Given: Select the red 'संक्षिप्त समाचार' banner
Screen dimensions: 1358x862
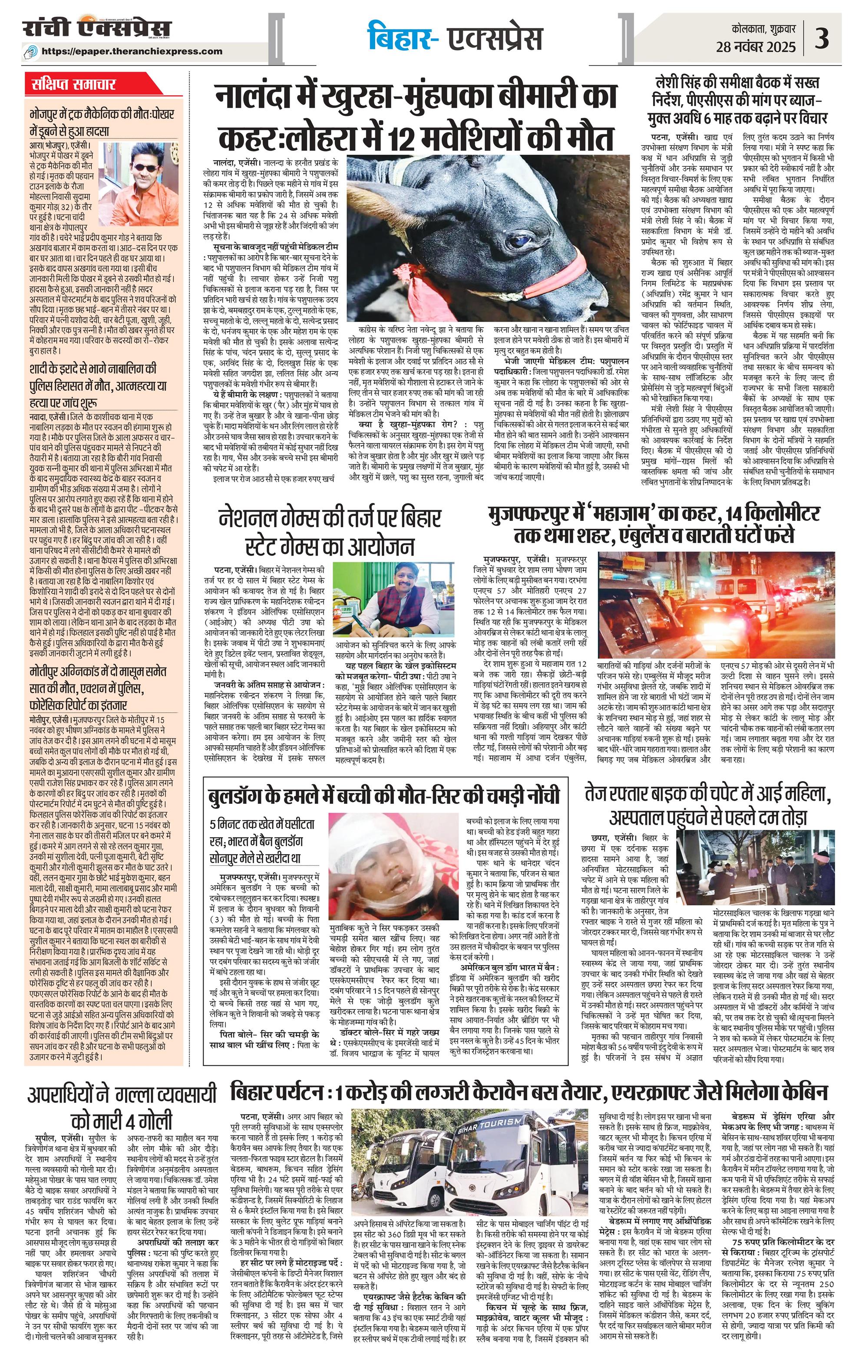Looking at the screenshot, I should tap(74, 85).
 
